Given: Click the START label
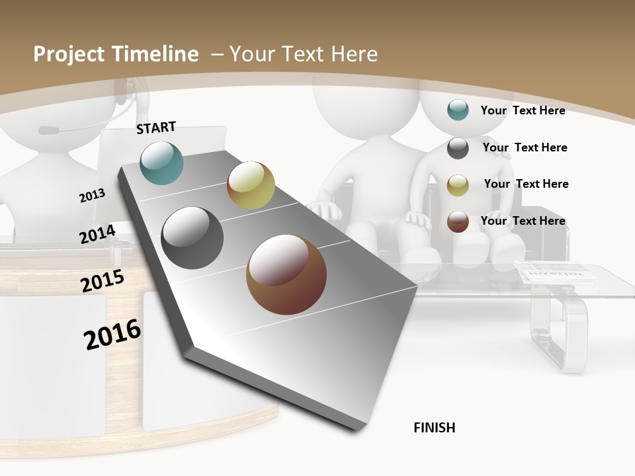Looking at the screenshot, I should point(156,127).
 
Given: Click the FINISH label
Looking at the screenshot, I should point(435,428).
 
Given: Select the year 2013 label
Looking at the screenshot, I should point(93,195).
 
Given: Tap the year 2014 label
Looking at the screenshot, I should point(98,234).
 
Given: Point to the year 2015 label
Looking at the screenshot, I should point(103,280).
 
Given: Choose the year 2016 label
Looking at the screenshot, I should point(113,334).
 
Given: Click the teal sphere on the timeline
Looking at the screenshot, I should point(162,163).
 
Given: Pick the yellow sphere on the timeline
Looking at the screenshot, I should point(251,185).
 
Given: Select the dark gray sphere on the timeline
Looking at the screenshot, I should point(192,238).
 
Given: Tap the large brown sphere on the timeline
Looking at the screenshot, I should point(286,274).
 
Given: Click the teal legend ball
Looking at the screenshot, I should point(458,110).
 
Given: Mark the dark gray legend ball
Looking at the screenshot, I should point(458,147).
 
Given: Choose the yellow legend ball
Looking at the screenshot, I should point(458,184).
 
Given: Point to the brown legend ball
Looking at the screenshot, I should point(458,221).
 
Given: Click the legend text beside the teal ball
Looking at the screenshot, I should point(523,110).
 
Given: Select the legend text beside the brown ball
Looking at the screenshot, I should point(523,221).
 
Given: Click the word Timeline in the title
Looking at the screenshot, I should point(156,54).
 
